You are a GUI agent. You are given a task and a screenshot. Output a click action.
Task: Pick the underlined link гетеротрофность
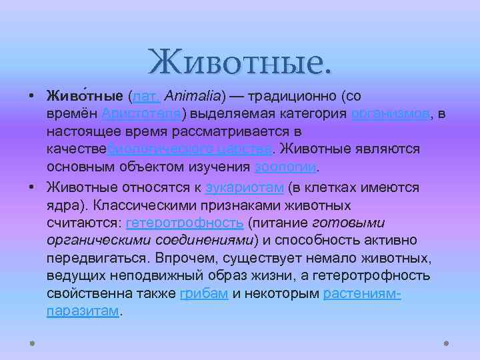tap(184, 223)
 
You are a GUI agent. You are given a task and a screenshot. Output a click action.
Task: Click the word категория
tap(313, 114)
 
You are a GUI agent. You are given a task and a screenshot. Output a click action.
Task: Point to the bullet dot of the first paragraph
tap(32, 97)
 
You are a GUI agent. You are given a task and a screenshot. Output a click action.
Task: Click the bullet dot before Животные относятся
tap(32, 188)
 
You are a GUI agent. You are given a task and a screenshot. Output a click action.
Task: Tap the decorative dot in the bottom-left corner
tap(31, 344)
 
